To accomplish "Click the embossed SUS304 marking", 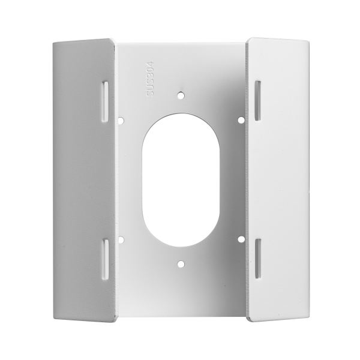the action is tap(150, 79).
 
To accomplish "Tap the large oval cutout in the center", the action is tap(181, 179).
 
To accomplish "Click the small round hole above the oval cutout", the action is tap(181, 95).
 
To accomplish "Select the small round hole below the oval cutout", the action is tap(181, 264).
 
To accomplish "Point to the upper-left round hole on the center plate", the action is tap(121, 120).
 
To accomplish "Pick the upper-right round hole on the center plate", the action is tap(241, 120).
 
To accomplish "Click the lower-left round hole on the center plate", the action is tap(121, 239).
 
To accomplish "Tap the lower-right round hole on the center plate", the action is tap(241, 239).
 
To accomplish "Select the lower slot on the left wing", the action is tap(106, 259).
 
